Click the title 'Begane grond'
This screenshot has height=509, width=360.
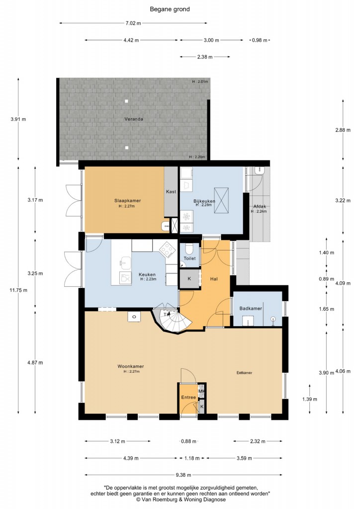pos(170,9)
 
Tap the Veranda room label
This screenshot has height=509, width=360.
pos(134,119)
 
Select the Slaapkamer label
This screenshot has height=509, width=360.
pos(128,201)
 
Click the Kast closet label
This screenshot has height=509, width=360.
pos(171,191)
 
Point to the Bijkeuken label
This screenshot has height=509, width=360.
pos(204,201)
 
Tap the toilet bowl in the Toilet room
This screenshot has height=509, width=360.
pos(189,250)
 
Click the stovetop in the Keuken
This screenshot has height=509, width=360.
pos(167,250)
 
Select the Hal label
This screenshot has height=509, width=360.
pos(214,279)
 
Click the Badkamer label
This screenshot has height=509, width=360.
pos(251,308)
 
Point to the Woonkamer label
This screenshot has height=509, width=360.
pos(131,366)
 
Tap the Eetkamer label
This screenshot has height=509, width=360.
pos(245,373)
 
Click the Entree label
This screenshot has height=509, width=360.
pos(188,397)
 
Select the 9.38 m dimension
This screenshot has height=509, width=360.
pos(183,475)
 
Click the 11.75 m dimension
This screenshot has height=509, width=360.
pos(18,290)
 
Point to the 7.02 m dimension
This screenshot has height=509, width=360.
pos(133,23)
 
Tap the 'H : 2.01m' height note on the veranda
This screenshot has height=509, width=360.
pos(200,82)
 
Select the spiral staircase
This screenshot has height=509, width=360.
pos(172,319)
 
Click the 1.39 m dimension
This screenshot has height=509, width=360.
pos(309,399)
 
